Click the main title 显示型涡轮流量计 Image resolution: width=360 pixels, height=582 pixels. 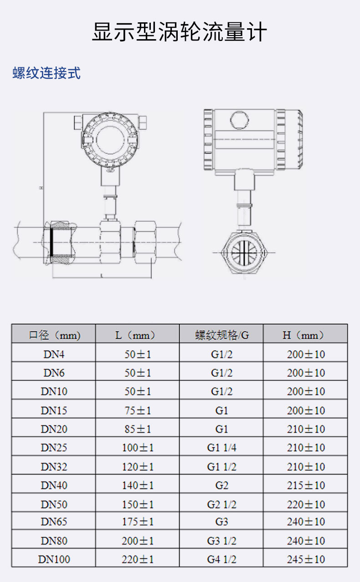click(x=180, y=32)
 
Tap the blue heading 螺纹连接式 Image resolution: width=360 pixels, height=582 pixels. click(x=46, y=73)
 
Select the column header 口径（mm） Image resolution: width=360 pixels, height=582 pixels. click(x=54, y=335)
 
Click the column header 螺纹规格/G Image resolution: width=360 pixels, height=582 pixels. click(x=222, y=335)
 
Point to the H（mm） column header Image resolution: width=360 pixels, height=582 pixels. click(x=303, y=335)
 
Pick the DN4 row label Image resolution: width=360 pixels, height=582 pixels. click(x=54, y=354)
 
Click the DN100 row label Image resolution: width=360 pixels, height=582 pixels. click(x=54, y=559)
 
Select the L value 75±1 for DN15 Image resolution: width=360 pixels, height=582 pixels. click(x=138, y=410)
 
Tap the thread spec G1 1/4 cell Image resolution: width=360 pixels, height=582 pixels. click(x=222, y=448)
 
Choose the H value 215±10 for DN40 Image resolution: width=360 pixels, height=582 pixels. click(x=306, y=485)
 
